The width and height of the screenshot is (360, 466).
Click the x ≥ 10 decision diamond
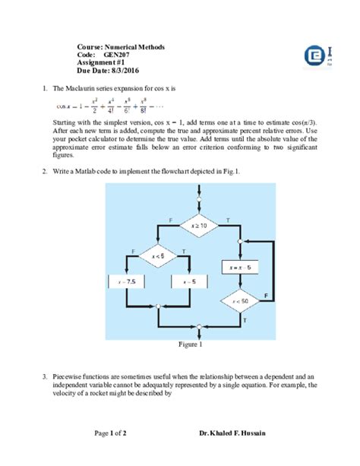pyautogui.click(x=199, y=226)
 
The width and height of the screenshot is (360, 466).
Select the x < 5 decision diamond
pyautogui.click(x=157, y=255)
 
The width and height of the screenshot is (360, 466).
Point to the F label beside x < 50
pyautogui.click(x=265, y=293)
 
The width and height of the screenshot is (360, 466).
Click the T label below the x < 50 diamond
pyautogui.click(x=245, y=321)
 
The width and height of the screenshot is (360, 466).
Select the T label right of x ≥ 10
pyautogui.click(x=229, y=219)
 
